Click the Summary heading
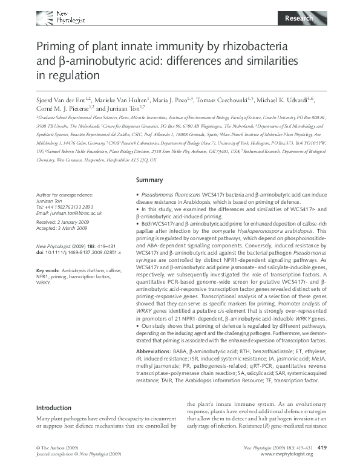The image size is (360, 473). click(149, 180)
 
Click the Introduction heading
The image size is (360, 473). click(54, 408)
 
